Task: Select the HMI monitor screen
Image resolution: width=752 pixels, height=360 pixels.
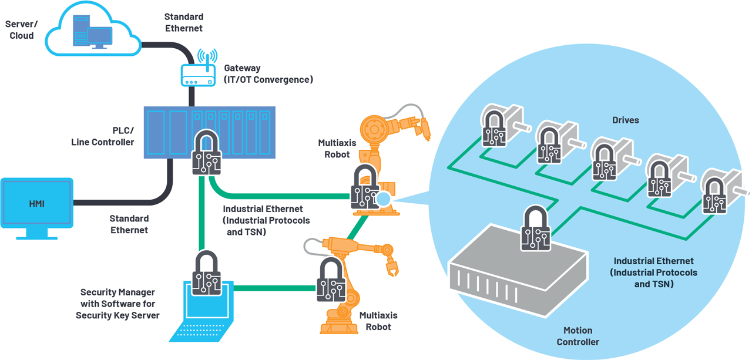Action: [x=36, y=204]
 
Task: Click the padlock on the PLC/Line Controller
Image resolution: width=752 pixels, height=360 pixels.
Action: [x=206, y=153]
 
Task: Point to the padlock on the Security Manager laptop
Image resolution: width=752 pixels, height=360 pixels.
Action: [x=206, y=274]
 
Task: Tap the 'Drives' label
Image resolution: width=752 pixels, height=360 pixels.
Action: [x=625, y=120]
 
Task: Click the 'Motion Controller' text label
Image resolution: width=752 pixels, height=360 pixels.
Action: [x=578, y=336]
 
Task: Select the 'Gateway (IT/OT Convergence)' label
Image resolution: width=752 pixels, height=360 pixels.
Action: [x=268, y=74]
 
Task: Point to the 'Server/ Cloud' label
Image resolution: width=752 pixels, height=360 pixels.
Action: [x=21, y=30]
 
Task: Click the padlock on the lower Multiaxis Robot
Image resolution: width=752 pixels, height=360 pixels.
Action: [x=331, y=281]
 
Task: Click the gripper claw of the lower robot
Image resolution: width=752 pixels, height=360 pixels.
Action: [x=391, y=267]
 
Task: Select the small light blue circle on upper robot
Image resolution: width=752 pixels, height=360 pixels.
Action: [x=383, y=199]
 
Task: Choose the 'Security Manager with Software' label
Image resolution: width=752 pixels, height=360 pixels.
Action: [x=117, y=304]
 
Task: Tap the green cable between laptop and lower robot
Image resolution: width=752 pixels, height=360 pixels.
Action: [x=273, y=288]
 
